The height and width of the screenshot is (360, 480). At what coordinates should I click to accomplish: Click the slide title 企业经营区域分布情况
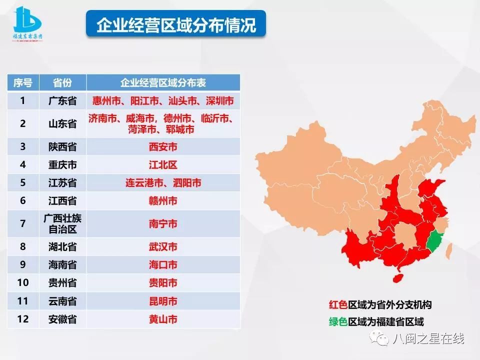click(175, 24)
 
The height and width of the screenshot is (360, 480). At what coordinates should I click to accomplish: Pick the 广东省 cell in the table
click(62, 101)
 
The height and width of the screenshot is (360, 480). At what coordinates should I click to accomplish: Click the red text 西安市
click(163, 147)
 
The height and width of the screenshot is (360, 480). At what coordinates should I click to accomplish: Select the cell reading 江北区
click(163, 165)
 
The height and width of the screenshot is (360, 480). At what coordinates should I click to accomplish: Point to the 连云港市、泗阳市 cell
click(163, 183)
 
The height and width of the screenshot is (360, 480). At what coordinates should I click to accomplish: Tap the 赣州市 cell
click(163, 201)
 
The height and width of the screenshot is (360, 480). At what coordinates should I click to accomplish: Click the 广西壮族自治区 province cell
click(62, 223)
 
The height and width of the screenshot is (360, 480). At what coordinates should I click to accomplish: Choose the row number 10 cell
click(23, 283)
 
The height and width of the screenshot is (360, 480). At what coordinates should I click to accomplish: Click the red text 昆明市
click(163, 301)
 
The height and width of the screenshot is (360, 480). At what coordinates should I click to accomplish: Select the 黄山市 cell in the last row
click(163, 319)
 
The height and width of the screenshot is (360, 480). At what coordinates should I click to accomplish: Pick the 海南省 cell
click(62, 265)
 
